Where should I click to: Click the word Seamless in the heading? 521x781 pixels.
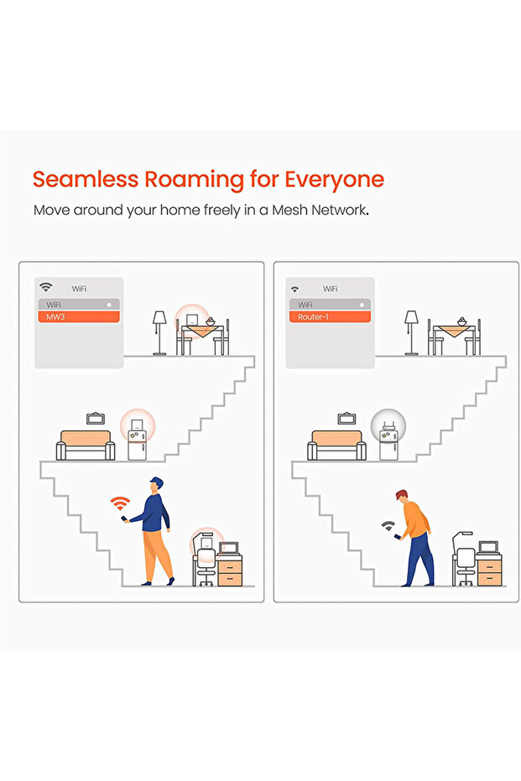point(86,179)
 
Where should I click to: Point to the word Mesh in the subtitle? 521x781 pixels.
point(290,210)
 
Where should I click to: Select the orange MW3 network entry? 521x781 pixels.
point(79,317)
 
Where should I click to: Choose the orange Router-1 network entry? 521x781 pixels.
point(330,317)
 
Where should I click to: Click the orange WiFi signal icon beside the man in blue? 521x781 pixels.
point(120,503)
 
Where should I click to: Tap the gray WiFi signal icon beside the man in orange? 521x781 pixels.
point(388,525)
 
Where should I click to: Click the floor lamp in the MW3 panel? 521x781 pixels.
point(159,333)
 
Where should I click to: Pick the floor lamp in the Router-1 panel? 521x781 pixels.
point(411,333)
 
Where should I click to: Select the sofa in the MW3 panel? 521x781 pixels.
point(86,445)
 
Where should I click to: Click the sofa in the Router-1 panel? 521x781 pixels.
point(336,445)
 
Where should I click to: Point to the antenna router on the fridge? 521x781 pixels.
point(388,426)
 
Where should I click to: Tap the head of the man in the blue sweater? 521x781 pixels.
point(156,485)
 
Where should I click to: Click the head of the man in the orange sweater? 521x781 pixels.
point(401,496)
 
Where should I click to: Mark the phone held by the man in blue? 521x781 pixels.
point(123,519)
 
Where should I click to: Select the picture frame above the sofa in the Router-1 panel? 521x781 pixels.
point(346,418)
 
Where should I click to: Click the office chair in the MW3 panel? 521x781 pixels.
point(206,566)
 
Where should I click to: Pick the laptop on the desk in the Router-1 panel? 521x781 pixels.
point(488,548)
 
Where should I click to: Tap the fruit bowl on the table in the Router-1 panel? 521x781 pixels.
point(462,322)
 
